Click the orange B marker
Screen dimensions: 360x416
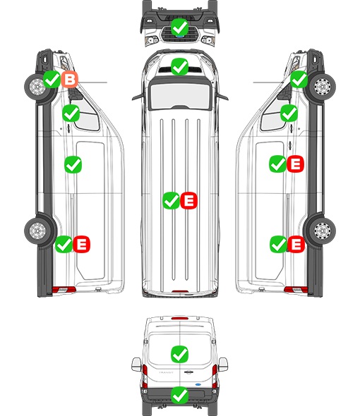pos(70,80)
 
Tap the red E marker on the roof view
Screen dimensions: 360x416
pos(189,200)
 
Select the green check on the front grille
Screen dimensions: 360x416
pos(179,27)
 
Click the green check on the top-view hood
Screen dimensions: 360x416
pos(179,66)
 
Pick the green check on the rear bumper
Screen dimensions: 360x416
pos(179,396)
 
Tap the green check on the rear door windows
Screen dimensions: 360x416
pos(179,354)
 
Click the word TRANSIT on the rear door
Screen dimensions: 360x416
pos(166,372)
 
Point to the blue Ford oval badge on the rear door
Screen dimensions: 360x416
pos(198,384)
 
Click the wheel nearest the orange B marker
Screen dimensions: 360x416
pos(37,87)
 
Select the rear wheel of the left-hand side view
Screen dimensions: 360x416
pos(37,231)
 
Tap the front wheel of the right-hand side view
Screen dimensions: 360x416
pos(323,87)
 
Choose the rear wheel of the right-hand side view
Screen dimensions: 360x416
pos(323,231)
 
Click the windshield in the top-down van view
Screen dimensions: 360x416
pos(180,96)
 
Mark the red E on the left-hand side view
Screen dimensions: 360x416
pos(82,244)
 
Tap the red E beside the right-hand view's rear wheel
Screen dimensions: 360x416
pos(296,244)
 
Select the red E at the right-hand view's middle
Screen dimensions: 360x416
pos(295,164)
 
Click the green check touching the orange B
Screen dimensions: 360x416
pos(52,80)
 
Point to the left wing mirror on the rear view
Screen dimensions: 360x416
pos(136,365)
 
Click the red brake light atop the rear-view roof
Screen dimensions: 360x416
pos(180,318)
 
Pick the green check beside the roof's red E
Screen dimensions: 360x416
pos(171,200)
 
